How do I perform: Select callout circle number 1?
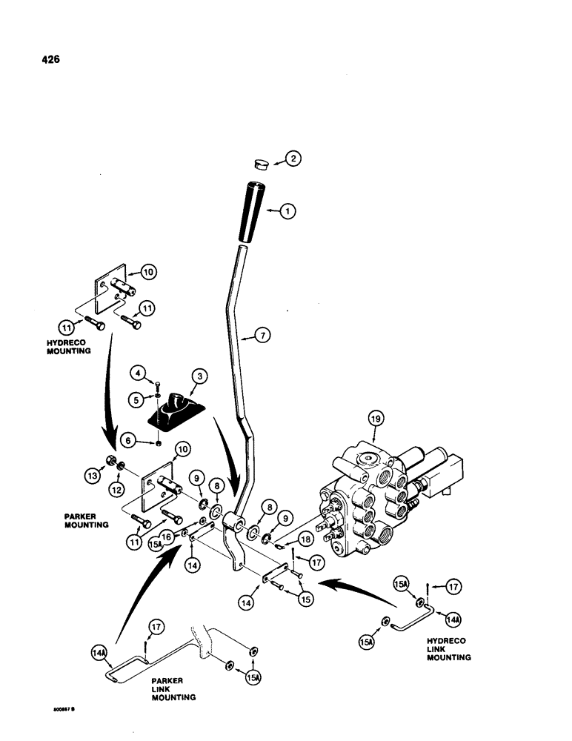click(x=289, y=211)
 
